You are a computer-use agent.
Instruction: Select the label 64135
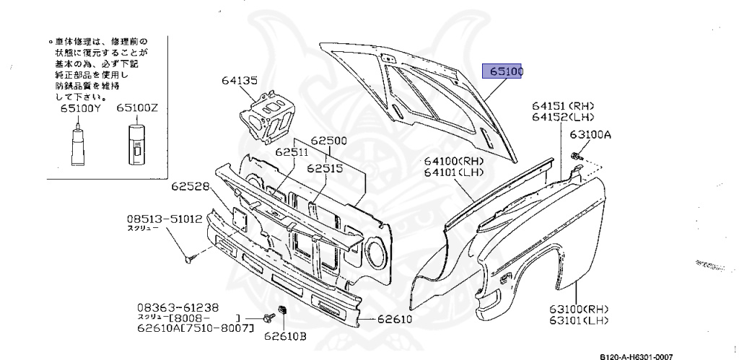pyautogui.click(x=239, y=81)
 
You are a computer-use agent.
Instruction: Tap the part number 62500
pyautogui.click(x=329, y=141)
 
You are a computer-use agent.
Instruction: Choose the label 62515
pyautogui.click(x=324, y=167)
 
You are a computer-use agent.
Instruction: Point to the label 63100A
pyautogui.click(x=590, y=134)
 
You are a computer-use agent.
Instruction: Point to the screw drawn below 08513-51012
pyautogui.click(x=188, y=256)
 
